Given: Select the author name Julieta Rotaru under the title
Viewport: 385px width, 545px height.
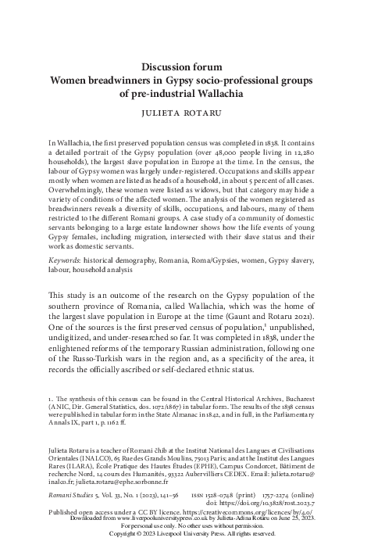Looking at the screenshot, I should point(192,113).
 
